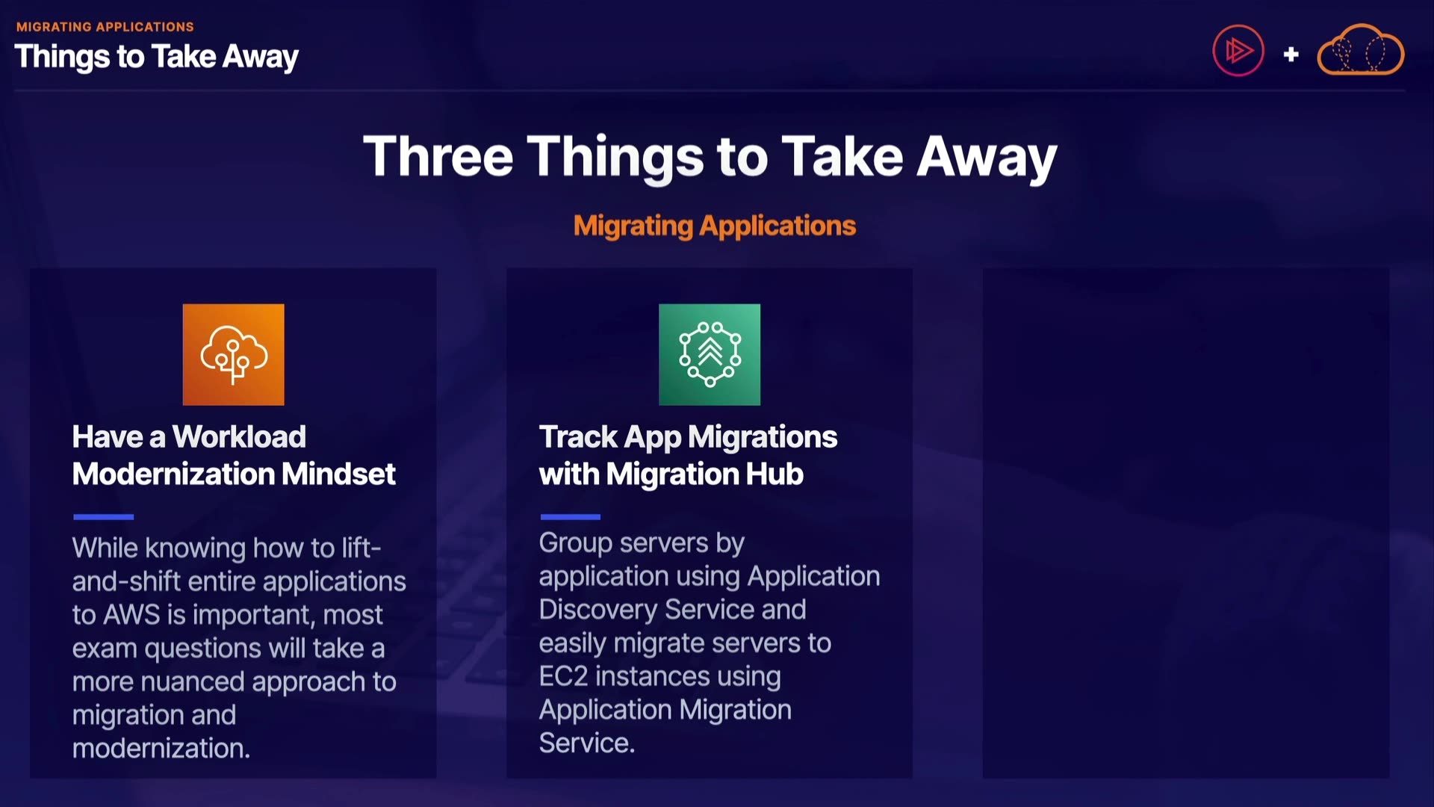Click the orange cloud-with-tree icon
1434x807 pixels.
233,354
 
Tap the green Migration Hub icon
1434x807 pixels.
710,354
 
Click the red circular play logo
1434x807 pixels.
1238,51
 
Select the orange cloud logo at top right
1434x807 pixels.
1360,50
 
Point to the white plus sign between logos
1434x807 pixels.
1291,54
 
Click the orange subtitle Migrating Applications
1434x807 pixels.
715,226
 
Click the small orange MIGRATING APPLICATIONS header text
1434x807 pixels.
105,27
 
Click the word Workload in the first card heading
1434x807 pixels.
239,436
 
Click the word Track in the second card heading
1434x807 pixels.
578,436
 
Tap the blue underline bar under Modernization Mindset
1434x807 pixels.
103,516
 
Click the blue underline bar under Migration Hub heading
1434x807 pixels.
570,516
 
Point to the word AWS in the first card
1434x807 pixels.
131,614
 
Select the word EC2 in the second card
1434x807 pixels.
563,676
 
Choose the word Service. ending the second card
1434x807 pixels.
587,743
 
